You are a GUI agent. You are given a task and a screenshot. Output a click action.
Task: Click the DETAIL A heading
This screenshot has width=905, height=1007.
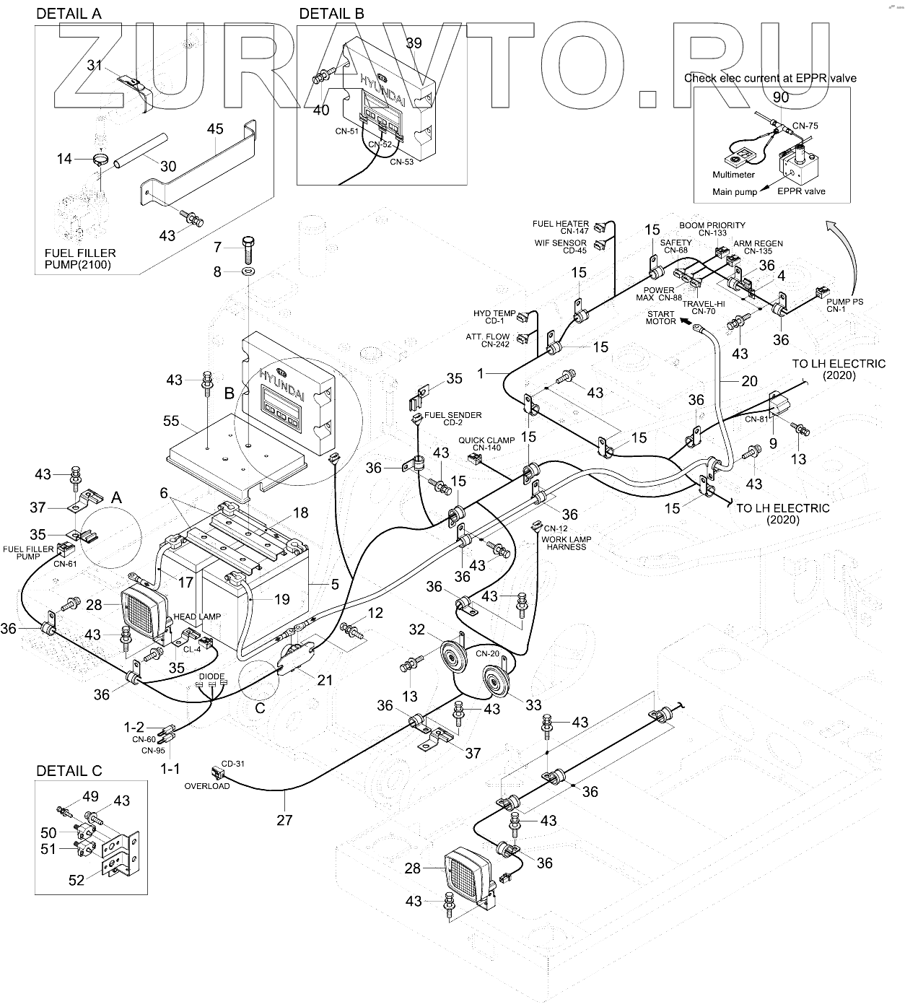click(x=69, y=14)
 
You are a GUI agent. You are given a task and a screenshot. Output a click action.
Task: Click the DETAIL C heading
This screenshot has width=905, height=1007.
click(x=69, y=771)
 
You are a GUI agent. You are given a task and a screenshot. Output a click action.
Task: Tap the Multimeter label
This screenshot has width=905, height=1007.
click(x=733, y=175)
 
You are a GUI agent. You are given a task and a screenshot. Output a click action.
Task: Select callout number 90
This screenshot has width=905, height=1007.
click(x=781, y=97)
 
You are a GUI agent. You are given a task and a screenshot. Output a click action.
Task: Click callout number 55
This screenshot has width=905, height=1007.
click(x=171, y=420)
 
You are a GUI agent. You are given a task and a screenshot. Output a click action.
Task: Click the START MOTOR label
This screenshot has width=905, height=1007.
click(x=660, y=318)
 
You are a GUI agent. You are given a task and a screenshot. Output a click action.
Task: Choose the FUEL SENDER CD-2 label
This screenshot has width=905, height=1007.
click(x=452, y=419)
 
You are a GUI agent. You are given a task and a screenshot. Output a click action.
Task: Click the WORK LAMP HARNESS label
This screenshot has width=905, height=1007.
click(x=566, y=542)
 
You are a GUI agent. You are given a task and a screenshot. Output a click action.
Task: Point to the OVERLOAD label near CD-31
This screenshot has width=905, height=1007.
click(x=207, y=786)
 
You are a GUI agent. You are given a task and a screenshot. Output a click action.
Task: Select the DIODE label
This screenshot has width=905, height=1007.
click(x=211, y=676)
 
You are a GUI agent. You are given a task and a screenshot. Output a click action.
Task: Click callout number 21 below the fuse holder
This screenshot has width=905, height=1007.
click(x=325, y=679)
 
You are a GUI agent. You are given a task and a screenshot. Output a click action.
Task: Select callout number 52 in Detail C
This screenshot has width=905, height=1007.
click(x=76, y=880)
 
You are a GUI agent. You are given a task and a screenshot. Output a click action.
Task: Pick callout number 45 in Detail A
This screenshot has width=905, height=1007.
click(x=215, y=129)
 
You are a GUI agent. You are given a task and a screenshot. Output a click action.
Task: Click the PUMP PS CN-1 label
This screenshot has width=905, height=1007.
click(x=845, y=305)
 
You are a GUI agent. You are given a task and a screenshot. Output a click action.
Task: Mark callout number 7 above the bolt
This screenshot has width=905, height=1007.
click(x=217, y=248)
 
